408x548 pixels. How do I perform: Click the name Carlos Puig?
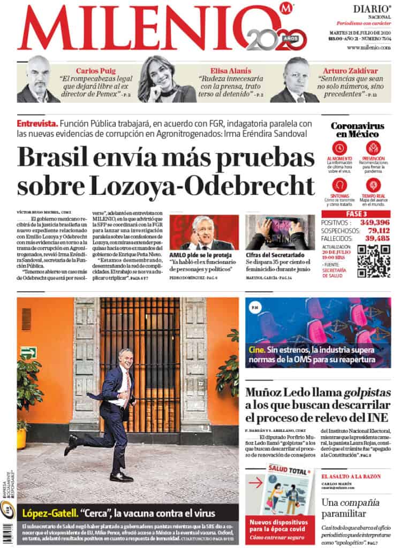[x=94, y=71]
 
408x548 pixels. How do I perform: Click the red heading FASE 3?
[x=356, y=214]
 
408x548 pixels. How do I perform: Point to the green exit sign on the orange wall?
[x=28, y=352]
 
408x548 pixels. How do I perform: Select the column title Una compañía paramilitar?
[x=350, y=508]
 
